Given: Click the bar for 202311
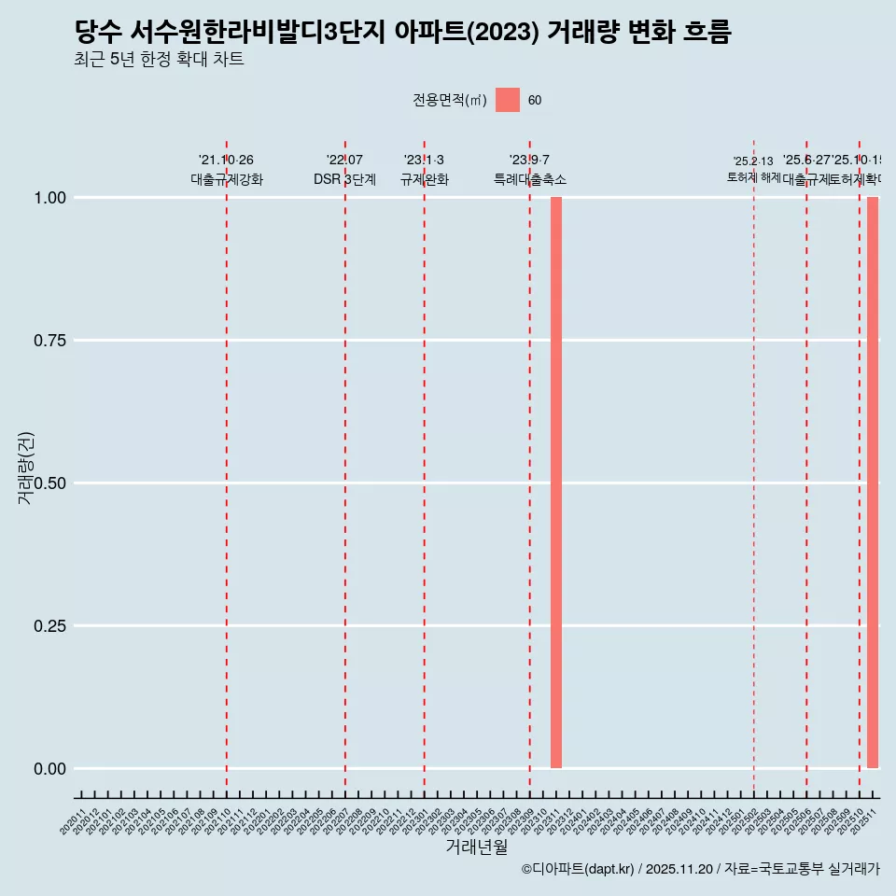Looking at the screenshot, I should pos(556,483).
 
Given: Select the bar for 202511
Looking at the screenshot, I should pos(873,483).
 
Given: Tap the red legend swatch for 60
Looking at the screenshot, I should pos(508,100).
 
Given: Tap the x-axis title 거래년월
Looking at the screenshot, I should pos(477,847).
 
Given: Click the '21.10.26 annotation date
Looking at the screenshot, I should pos(226,161).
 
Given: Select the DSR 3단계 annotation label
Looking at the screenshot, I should pos(344,180).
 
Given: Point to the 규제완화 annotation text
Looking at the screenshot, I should pos(425,180).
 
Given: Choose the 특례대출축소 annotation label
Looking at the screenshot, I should pos(530,180).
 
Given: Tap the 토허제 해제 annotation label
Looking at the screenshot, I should pos(753,177).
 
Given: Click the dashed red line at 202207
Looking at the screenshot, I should pos(345,467).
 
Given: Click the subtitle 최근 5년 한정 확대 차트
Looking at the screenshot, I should pos(159,60).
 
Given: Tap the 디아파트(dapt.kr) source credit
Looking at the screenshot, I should pos(579,869).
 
